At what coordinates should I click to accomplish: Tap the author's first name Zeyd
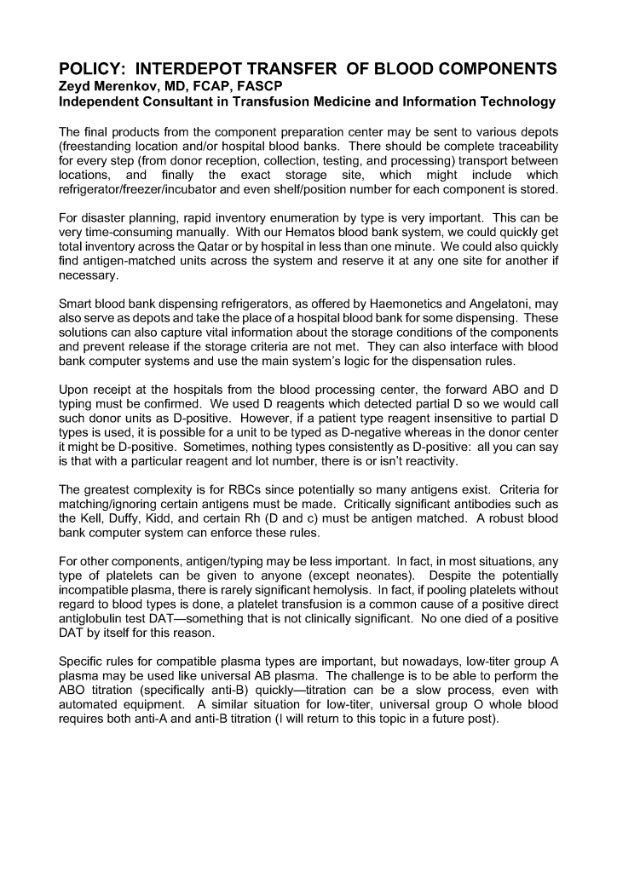click(75, 86)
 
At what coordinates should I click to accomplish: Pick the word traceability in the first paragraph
click(525, 147)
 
